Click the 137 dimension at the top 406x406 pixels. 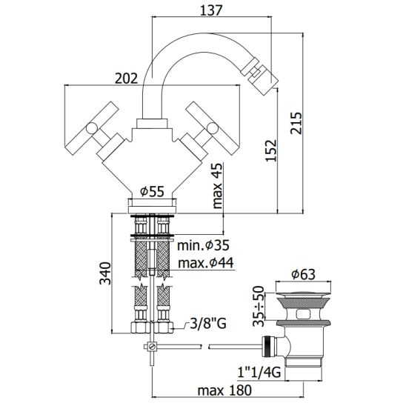click(211, 10)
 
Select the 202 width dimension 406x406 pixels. click(127, 79)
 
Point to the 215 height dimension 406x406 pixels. click(296, 123)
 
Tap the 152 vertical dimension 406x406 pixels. click(272, 150)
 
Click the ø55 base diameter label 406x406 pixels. click(152, 192)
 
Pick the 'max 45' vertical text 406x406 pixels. click(217, 186)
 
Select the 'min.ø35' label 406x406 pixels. click(203, 245)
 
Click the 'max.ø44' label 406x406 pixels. click(205, 263)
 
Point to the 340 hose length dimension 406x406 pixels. click(105, 273)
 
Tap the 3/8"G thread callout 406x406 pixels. click(208, 323)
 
